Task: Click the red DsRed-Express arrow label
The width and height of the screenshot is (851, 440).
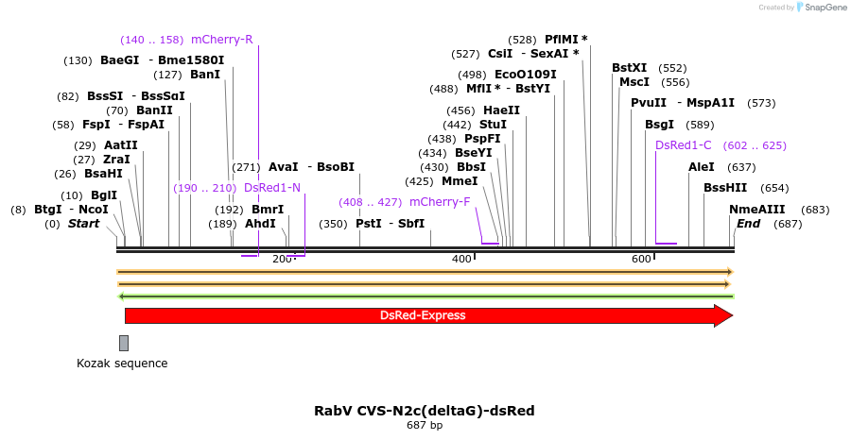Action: tap(423, 315)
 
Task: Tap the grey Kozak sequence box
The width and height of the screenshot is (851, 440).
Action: tap(124, 343)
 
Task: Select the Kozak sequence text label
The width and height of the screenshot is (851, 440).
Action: tap(122, 364)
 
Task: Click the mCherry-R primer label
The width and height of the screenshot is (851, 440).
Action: tap(221, 40)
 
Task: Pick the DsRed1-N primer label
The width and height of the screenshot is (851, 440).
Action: tap(272, 188)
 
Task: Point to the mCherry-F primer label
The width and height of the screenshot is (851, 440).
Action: tap(439, 202)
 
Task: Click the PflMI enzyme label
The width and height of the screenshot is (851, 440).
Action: tap(565, 40)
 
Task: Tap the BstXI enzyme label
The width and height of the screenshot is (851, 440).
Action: tap(629, 68)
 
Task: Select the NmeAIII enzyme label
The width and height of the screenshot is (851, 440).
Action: tap(756, 210)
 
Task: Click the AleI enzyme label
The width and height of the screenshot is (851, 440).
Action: tap(702, 167)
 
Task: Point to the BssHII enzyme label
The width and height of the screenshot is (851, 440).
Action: tap(725, 188)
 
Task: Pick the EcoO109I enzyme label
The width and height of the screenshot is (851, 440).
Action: tap(525, 75)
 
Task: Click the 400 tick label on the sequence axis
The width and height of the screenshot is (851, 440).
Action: tap(461, 259)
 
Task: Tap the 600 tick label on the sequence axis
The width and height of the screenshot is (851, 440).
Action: tap(641, 259)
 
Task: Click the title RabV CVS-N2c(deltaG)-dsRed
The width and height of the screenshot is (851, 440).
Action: tap(425, 411)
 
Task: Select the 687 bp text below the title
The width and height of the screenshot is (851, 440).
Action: tap(425, 426)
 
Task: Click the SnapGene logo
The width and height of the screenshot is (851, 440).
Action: tap(822, 8)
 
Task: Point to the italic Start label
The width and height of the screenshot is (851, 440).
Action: tap(84, 224)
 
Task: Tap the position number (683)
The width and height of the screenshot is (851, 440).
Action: tap(814, 210)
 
